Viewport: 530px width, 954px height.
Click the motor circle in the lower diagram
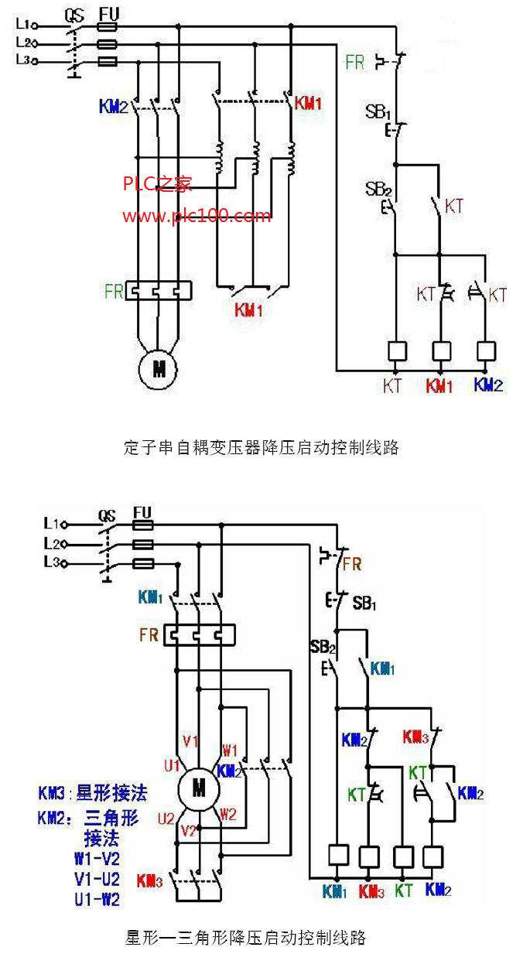point(199,788)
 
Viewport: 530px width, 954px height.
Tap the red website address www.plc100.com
point(197,215)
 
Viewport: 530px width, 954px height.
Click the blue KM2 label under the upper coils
point(487,385)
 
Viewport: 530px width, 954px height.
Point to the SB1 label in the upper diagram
point(378,111)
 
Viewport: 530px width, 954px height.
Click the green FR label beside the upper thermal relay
point(114,291)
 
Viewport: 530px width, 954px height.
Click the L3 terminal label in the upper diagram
point(23,60)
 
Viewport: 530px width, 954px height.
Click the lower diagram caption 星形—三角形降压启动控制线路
point(245,938)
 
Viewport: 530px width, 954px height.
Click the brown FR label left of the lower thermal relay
point(149,635)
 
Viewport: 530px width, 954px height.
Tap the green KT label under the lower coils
point(403,891)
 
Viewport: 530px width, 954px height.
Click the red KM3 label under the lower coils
point(370,891)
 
